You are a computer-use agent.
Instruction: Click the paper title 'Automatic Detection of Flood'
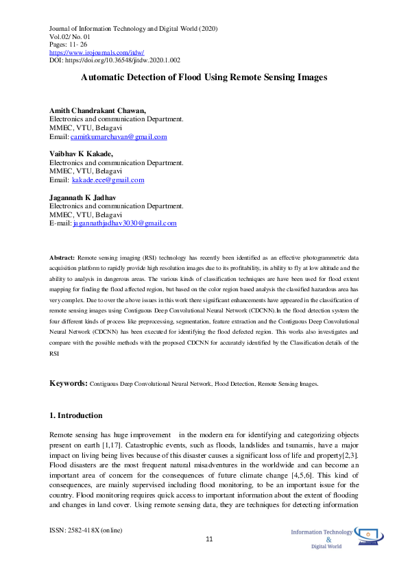click(x=204, y=78)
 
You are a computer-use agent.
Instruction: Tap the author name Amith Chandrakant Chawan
click(x=97, y=110)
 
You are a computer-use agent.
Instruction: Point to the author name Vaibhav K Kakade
click(x=81, y=154)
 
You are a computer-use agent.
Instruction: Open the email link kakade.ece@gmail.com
click(x=108, y=180)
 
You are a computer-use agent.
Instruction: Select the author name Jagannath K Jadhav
click(x=82, y=197)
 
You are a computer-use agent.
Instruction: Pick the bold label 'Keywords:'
click(x=68, y=384)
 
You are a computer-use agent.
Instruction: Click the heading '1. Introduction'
click(x=75, y=415)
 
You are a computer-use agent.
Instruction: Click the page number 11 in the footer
click(x=210, y=539)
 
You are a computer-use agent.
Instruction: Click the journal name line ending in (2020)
click(x=133, y=27)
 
